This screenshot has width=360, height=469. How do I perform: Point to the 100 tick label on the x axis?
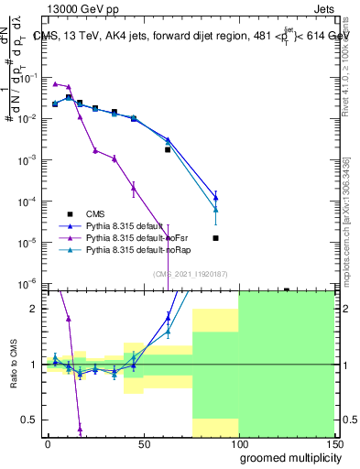236,444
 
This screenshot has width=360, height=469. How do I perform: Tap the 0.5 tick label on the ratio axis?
31,420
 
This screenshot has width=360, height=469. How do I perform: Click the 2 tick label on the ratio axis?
35,309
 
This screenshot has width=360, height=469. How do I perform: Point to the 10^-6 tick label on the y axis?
27,283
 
